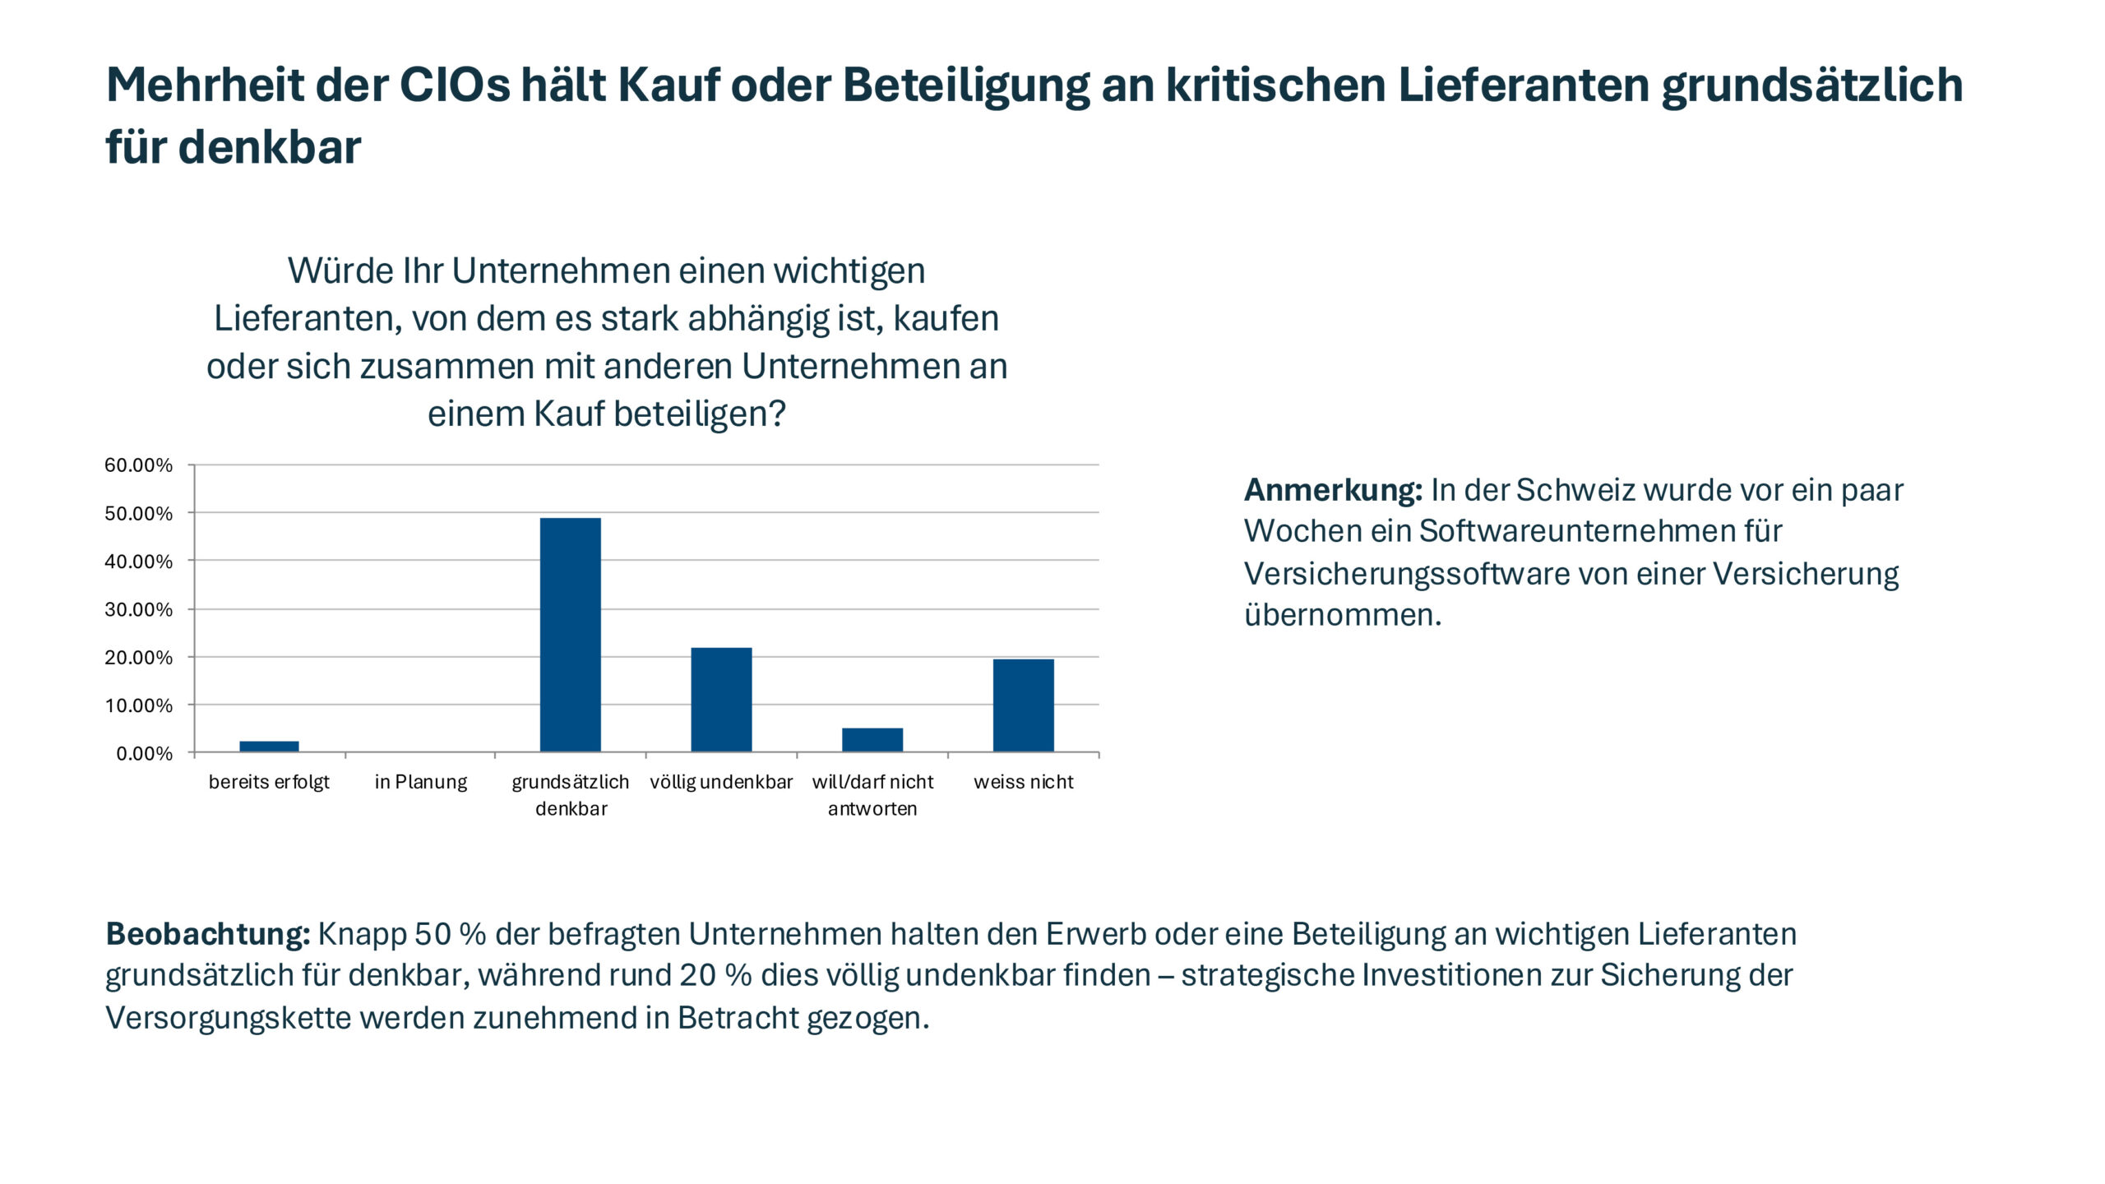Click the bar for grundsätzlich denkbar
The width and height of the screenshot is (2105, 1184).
(570, 634)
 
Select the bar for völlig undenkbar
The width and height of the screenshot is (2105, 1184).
(721, 699)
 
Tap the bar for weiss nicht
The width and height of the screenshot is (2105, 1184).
(1023, 705)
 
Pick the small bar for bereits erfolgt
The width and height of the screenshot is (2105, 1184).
(269, 746)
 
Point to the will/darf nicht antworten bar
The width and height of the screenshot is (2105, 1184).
(872, 739)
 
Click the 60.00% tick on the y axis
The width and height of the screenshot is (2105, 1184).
(138, 465)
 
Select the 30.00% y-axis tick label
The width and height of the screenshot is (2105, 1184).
(138, 610)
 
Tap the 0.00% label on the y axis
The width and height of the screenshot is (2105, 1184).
(144, 754)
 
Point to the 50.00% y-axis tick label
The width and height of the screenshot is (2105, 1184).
(138, 514)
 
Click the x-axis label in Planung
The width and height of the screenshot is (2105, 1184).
(420, 782)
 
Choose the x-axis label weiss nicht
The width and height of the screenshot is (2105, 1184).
(1023, 782)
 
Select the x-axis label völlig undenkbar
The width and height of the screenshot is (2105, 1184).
(721, 782)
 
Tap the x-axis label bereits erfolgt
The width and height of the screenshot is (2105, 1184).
(269, 782)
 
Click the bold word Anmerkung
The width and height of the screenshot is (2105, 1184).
(1332, 490)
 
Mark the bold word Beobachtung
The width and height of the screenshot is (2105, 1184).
(207, 934)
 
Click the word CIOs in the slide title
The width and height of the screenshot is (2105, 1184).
(455, 85)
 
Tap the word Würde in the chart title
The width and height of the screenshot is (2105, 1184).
(340, 271)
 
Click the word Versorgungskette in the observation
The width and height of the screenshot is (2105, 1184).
(228, 1018)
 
